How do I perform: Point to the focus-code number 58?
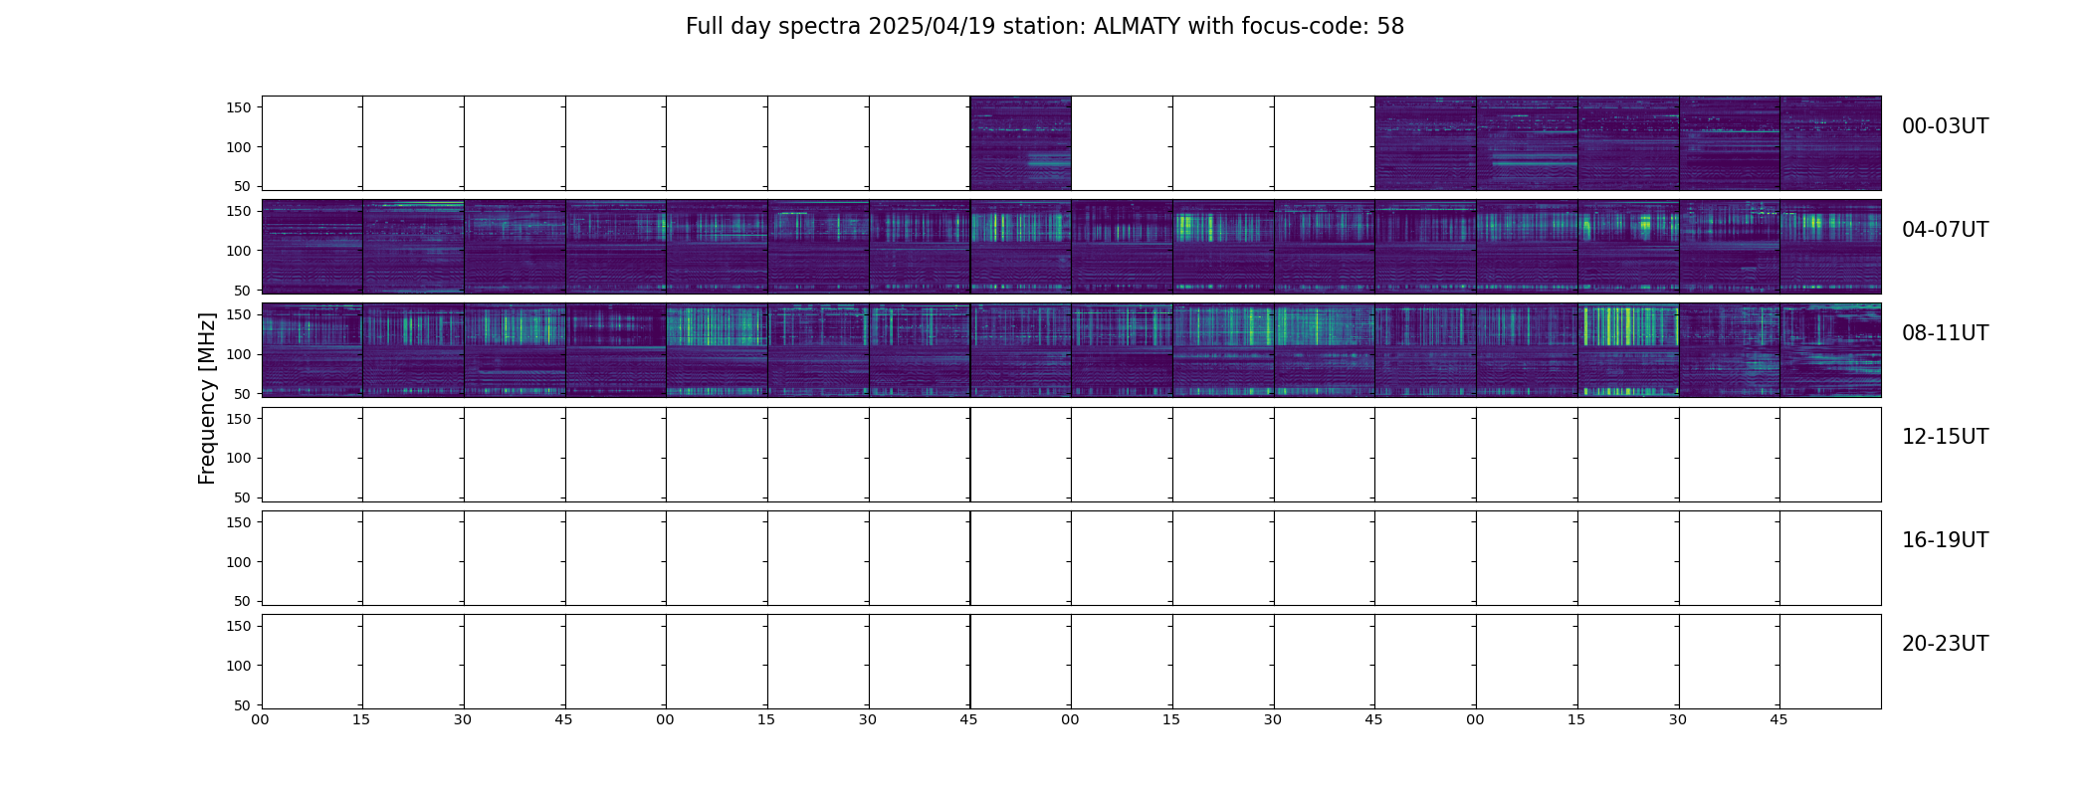tap(1390, 27)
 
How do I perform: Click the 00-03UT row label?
tap(1945, 126)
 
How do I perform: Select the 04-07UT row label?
tap(1945, 230)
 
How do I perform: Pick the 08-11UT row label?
tap(1945, 333)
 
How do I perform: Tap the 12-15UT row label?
tap(1945, 437)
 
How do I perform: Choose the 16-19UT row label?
tap(1945, 540)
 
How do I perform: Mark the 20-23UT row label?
tap(1945, 644)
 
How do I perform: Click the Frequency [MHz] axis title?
tap(207, 398)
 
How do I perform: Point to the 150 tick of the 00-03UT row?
tap(238, 107)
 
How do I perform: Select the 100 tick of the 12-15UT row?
tap(238, 458)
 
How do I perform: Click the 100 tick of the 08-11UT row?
tap(238, 354)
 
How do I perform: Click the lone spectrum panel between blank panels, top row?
tap(1020, 143)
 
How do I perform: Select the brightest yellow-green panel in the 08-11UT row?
tap(1627, 350)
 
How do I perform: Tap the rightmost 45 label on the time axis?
tap(1778, 719)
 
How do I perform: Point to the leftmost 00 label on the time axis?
tap(260, 719)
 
